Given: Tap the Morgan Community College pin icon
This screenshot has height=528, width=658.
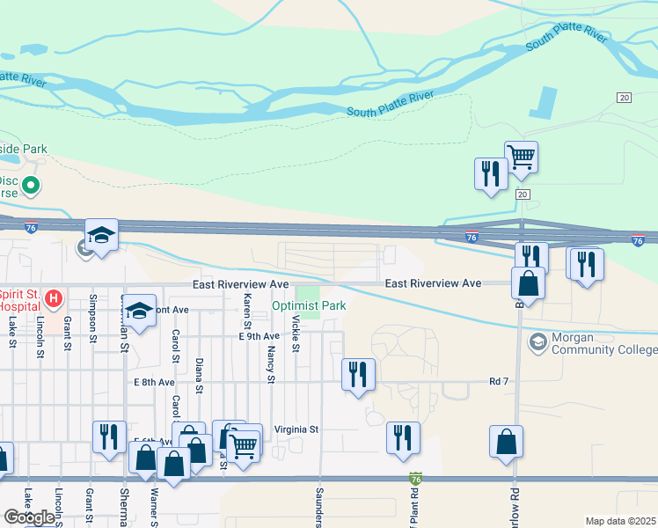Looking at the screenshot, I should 537,341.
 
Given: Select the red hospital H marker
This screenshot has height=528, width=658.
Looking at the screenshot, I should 54,300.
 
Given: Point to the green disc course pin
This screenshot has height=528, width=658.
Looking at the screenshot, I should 32,186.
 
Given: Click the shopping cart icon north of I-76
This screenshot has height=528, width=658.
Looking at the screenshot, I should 521,158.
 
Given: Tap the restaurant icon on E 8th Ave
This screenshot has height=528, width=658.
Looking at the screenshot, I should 358,374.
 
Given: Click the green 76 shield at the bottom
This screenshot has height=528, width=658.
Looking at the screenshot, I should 416,479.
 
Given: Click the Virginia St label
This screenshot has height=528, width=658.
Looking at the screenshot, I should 295,429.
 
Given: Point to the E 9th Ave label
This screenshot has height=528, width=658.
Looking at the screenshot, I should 259,336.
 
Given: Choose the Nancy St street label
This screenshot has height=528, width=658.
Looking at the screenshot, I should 271,365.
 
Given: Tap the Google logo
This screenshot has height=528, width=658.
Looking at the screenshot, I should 29,517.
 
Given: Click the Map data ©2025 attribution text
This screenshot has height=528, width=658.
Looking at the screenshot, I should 620,522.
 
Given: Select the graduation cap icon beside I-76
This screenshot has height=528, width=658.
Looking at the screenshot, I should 101,235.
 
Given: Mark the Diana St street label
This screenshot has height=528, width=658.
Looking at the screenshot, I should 200,376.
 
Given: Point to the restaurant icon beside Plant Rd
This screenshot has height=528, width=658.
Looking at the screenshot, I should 403,437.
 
